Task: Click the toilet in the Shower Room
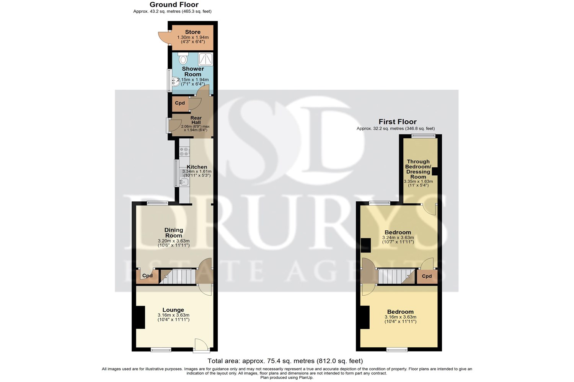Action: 183,58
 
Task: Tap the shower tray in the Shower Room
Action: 205,59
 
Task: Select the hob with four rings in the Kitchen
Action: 184,151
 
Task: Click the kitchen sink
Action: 184,182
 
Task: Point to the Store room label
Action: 193,32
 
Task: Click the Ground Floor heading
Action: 174,4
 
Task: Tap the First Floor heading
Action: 398,121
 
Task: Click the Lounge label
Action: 173,310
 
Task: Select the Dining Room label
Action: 174,233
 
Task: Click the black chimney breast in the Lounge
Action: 140,317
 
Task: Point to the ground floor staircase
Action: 178,276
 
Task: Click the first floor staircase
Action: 396,276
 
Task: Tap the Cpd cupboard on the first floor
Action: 427,276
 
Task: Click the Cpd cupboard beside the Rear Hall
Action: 180,104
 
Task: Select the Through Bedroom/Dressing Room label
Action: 418,169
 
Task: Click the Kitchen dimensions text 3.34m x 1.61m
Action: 197,172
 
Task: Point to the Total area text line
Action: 285,361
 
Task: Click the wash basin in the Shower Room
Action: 176,82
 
